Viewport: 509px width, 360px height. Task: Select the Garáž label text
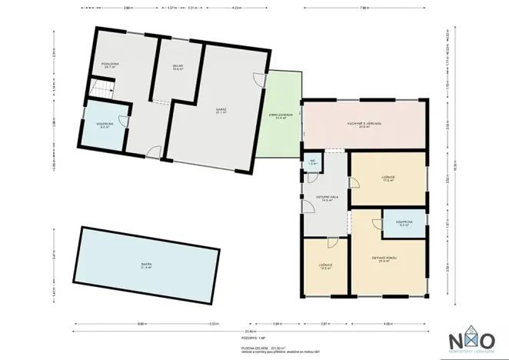pos(221,111)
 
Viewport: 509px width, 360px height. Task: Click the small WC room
pos(313,163)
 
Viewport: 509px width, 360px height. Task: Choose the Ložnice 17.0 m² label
pos(388,180)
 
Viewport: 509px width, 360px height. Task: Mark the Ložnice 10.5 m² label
pos(326,267)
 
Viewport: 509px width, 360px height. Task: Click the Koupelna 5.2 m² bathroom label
pos(404,223)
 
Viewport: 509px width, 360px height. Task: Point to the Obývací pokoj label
pos(386,259)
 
